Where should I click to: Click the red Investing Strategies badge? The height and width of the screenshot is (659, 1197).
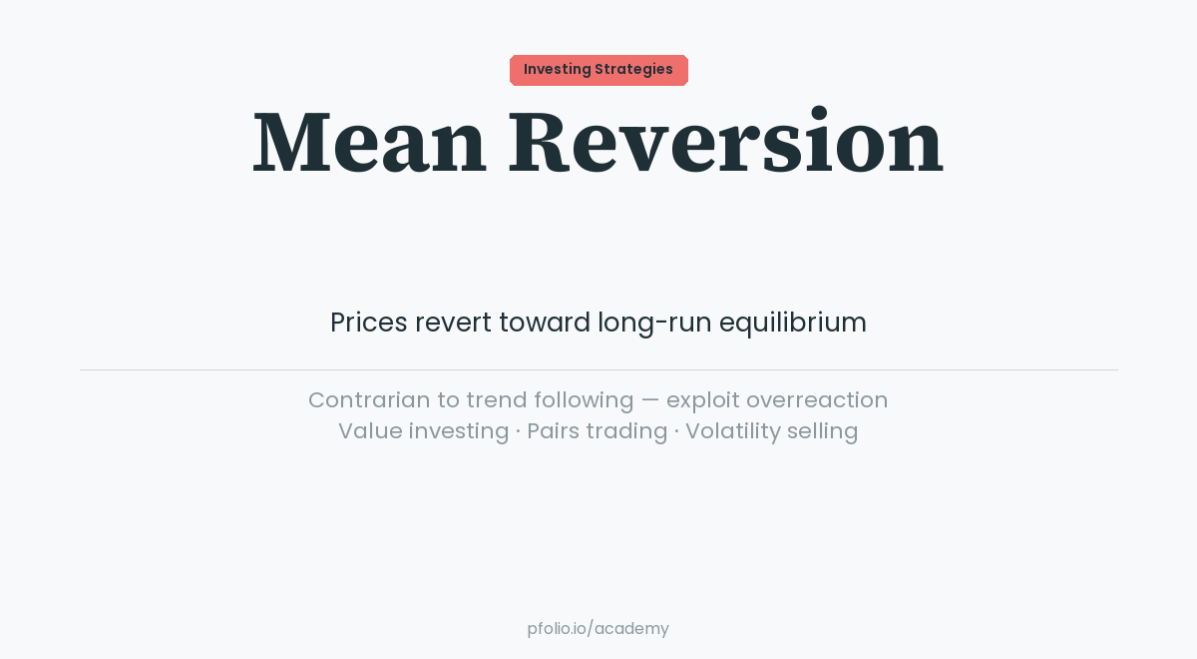click(x=598, y=70)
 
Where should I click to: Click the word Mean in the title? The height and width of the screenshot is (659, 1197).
click(x=369, y=143)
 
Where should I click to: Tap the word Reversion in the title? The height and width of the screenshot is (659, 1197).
click(x=725, y=143)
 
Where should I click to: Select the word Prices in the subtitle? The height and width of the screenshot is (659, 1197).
click(x=369, y=323)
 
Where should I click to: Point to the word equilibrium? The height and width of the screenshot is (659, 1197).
click(x=792, y=323)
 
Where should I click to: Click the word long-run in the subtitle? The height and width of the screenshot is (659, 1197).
click(x=653, y=323)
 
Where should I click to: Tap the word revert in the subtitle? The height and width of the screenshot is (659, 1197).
click(x=453, y=323)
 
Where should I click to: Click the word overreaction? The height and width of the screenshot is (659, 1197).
click(x=817, y=400)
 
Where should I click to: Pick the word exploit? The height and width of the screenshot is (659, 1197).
click(x=702, y=400)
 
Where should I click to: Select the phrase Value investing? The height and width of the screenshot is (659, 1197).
click(x=423, y=431)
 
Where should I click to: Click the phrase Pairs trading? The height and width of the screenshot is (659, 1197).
click(x=597, y=431)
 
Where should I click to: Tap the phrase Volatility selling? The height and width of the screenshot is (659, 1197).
click(x=771, y=431)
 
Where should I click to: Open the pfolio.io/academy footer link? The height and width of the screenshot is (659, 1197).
click(x=598, y=629)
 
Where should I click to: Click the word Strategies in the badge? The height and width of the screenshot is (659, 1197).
click(x=633, y=70)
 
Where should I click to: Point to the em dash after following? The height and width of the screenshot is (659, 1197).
click(x=650, y=400)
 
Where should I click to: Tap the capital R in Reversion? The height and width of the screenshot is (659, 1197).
click(x=539, y=143)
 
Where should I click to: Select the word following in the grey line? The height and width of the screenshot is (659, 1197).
click(x=584, y=400)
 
